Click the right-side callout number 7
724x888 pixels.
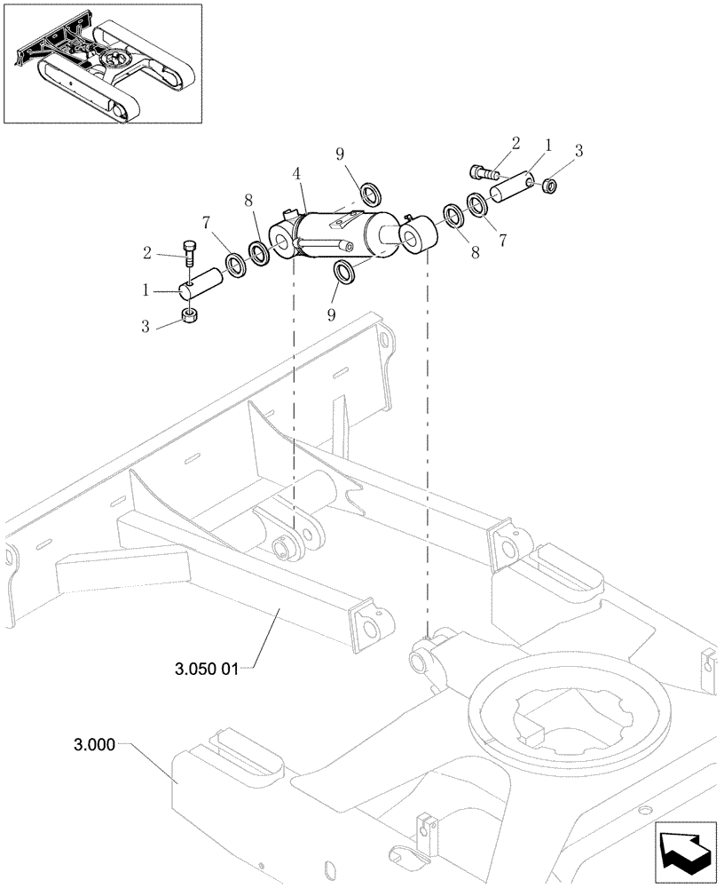tap(503, 239)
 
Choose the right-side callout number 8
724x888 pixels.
tap(474, 252)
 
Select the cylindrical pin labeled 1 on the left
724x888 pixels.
tap(204, 287)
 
